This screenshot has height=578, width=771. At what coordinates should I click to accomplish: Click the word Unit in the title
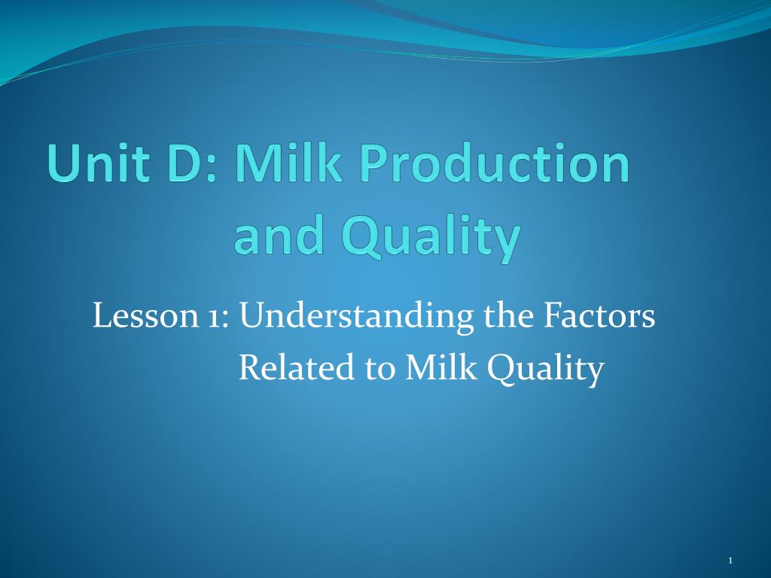99,163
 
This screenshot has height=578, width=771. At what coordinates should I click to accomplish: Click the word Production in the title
494,163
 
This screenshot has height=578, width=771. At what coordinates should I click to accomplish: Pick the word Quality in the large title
431,239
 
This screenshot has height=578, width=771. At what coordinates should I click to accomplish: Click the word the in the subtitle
508,315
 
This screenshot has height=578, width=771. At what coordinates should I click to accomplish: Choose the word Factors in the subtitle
599,315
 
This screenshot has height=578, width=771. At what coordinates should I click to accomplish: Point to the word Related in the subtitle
297,367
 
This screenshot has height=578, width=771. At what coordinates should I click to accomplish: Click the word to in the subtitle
379,370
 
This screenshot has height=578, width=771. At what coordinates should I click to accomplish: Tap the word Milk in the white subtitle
440,367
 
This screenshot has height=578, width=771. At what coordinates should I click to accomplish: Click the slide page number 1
730,560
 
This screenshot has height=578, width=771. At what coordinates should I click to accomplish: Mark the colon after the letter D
212,169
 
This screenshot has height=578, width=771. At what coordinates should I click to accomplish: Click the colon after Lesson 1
226,319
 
